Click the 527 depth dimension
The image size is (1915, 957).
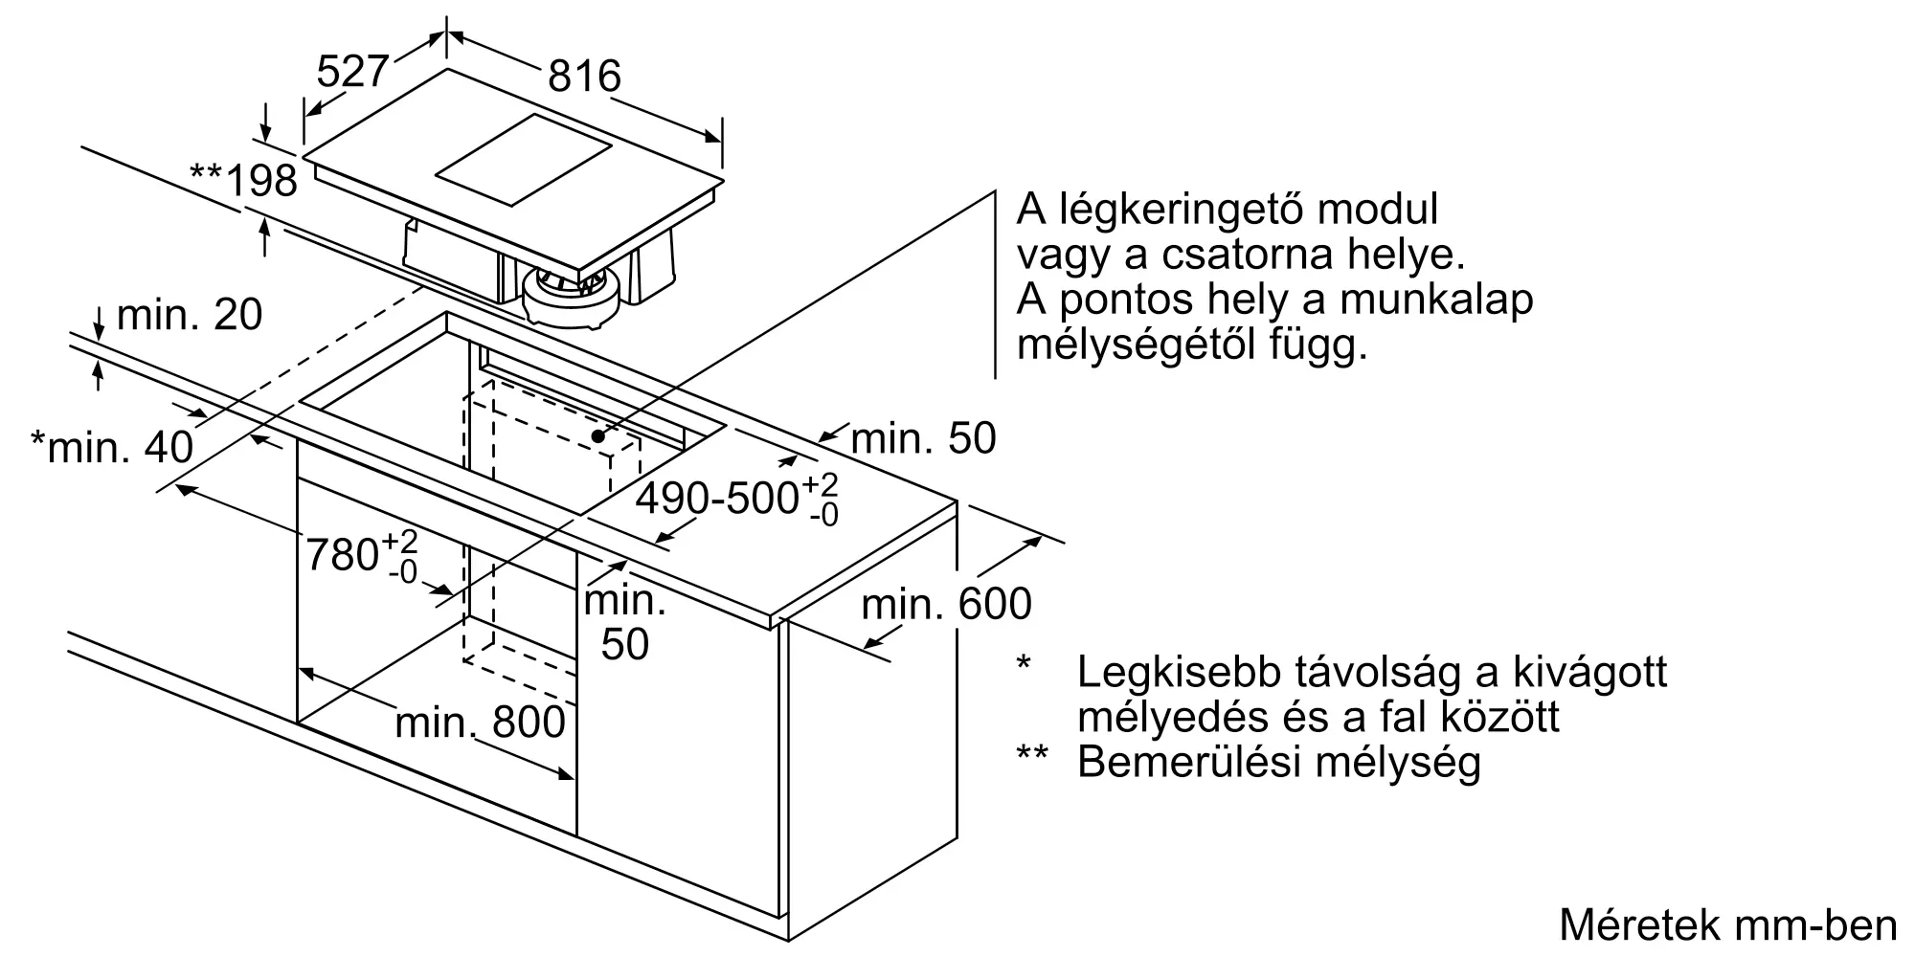click(352, 71)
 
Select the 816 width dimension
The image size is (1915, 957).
click(584, 76)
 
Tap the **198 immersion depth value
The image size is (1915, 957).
click(244, 179)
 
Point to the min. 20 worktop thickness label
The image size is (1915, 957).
click(189, 315)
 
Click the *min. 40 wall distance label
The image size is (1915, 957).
click(112, 446)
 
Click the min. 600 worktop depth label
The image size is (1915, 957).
click(946, 604)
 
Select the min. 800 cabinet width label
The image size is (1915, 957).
click(480, 723)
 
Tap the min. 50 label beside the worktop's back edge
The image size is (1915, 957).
click(923, 438)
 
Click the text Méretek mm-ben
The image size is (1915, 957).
click(1727, 924)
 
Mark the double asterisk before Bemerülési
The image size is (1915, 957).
click(1032, 754)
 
